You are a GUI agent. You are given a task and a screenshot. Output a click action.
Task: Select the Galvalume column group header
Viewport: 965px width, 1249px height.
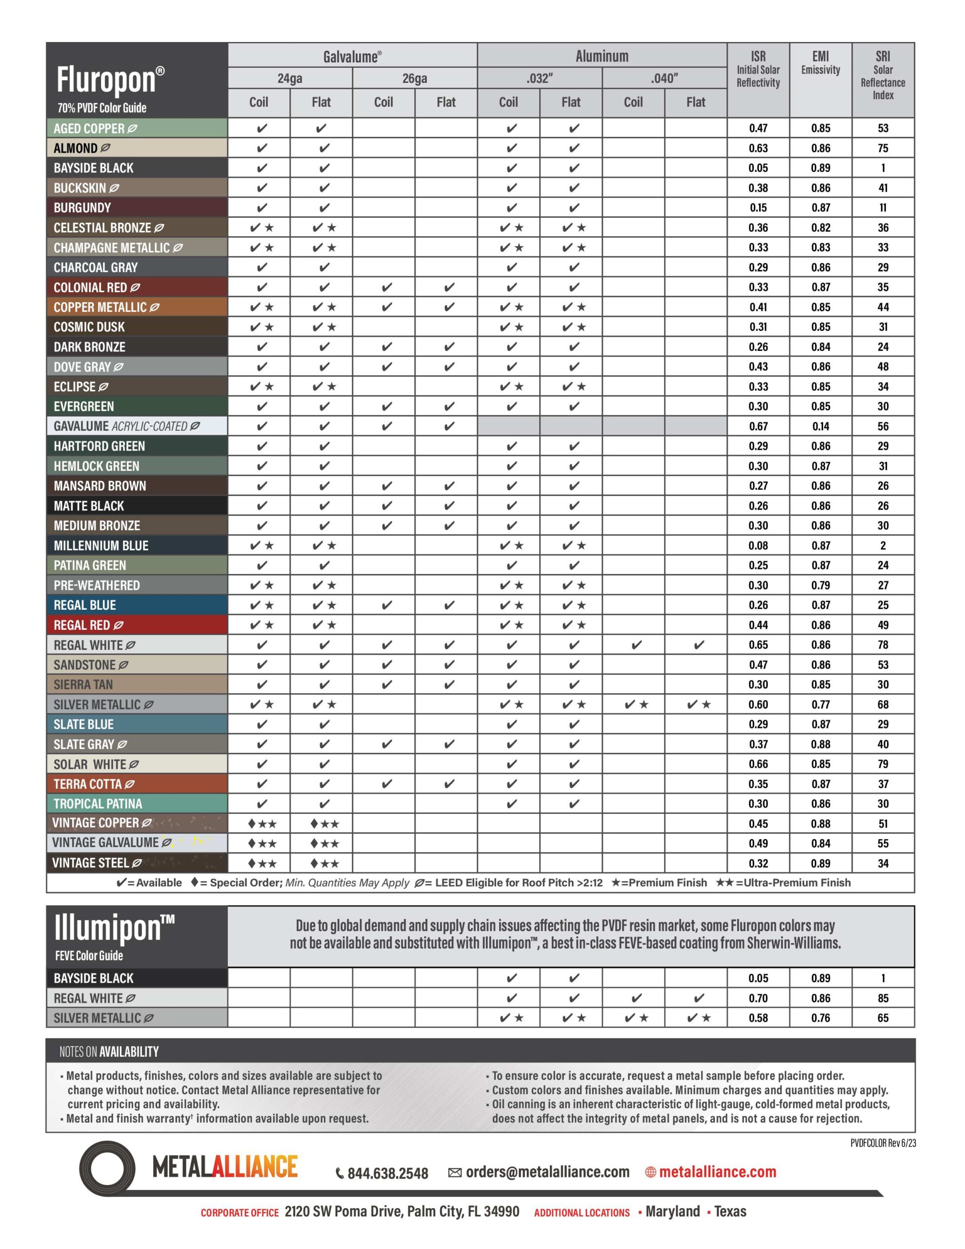(352, 57)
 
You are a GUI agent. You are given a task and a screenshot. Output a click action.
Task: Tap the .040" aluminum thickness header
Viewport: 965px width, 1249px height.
(663, 79)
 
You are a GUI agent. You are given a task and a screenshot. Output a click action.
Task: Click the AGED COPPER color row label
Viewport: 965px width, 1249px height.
(89, 129)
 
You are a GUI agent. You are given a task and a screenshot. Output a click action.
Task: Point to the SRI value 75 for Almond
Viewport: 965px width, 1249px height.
(883, 148)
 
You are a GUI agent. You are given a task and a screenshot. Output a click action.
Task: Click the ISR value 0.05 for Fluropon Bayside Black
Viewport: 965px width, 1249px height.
(758, 168)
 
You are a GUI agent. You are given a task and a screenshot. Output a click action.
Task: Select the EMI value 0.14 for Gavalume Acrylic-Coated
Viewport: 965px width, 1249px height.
(820, 426)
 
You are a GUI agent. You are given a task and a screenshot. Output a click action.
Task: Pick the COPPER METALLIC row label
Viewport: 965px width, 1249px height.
(100, 307)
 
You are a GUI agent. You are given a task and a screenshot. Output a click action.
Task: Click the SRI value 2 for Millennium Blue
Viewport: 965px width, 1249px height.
(883, 545)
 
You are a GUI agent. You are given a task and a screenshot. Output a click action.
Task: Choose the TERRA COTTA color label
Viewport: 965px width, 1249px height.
(88, 784)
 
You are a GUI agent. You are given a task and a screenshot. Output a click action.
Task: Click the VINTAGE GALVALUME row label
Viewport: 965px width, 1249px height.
(105, 843)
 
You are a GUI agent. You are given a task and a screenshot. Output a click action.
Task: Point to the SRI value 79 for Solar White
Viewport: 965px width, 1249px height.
(883, 764)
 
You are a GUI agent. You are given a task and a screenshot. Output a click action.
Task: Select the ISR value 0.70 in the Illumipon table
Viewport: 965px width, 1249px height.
(758, 998)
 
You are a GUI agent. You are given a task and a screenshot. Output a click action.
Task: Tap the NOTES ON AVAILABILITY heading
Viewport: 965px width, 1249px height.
(109, 1051)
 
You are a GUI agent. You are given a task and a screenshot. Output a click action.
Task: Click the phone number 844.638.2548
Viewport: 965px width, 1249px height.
(388, 1173)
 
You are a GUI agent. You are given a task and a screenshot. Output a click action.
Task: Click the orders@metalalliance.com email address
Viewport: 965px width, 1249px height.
(547, 1172)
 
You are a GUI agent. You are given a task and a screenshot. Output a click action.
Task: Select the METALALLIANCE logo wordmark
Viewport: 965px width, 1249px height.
(225, 1167)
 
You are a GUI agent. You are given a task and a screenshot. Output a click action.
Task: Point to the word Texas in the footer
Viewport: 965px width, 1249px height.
(730, 1211)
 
